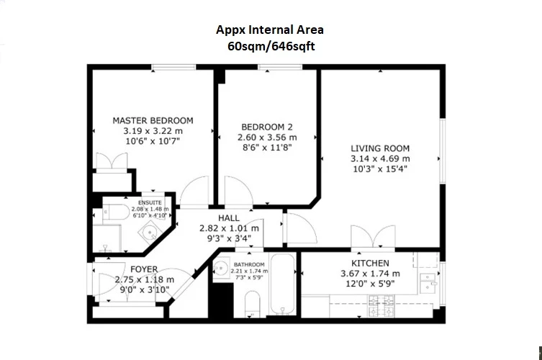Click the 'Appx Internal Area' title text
tap(270, 30)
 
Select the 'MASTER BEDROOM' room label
tap(153, 120)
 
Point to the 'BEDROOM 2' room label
tap(266, 126)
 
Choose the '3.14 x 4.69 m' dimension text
tap(380, 158)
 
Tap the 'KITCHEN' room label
tap(370, 264)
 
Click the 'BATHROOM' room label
tap(249, 265)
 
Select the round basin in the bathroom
tap(222, 270)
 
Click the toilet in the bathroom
tap(252, 304)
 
